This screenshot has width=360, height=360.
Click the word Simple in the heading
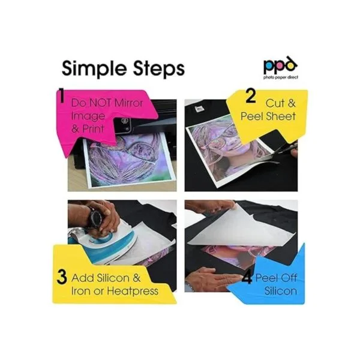(x=95, y=69)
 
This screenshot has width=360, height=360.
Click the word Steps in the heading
(x=159, y=68)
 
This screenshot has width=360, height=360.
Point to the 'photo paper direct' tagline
(x=281, y=77)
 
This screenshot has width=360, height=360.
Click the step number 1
(x=62, y=96)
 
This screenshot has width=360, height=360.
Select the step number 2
(x=251, y=96)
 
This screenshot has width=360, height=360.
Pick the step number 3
(x=62, y=277)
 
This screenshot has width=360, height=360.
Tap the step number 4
(x=247, y=278)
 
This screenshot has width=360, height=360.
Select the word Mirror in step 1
(x=128, y=103)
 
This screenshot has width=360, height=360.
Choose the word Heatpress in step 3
(x=133, y=292)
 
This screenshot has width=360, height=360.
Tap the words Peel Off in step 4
(x=276, y=278)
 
